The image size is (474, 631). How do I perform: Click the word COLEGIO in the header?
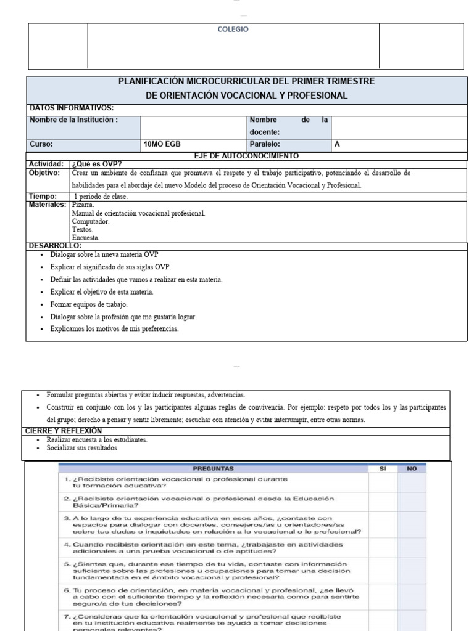pos(233,30)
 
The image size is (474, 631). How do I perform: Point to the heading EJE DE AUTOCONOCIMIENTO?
pos(247,156)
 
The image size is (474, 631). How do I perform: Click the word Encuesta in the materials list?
pos(85,237)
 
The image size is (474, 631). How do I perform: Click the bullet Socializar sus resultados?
pos(81,448)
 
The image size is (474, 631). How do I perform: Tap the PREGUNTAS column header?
pos(213,469)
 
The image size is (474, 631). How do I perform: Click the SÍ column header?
pos(383,469)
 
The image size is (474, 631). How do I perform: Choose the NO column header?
pos(412,469)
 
